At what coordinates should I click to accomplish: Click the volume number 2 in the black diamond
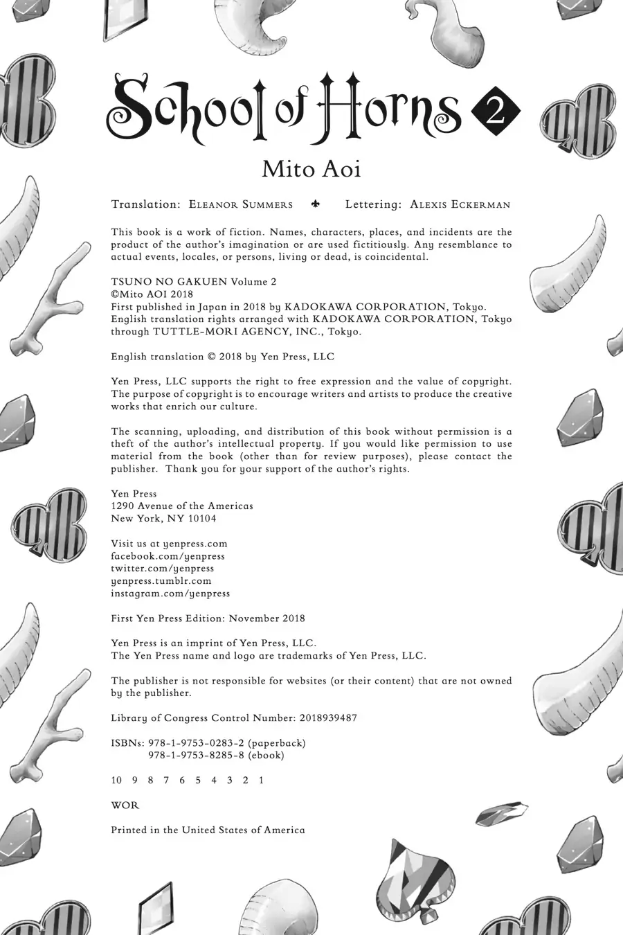[496, 112]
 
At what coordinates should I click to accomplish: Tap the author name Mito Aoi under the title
[311, 168]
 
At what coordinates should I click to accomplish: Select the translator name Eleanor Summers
[240, 205]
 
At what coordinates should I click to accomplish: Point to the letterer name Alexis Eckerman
[460, 205]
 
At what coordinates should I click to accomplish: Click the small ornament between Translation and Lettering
[316, 204]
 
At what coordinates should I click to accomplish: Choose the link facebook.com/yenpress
[168, 556]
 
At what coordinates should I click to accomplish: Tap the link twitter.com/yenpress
[162, 569]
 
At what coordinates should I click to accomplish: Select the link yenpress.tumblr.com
[161, 581]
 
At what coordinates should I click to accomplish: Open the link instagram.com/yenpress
[170, 594]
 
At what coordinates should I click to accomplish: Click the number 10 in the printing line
[116, 781]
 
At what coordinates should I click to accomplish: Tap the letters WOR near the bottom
[125, 805]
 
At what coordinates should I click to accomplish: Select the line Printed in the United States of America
[208, 830]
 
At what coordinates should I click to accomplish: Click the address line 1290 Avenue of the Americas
[182, 506]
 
